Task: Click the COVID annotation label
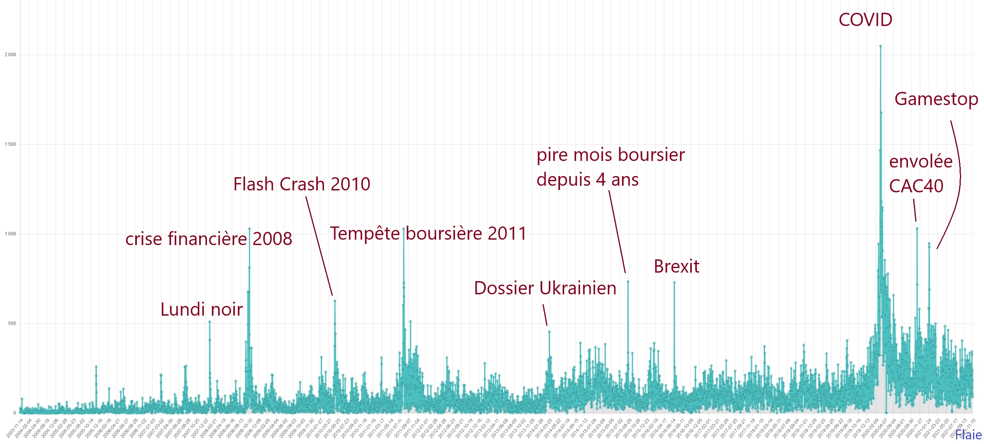(x=865, y=20)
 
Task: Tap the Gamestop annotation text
(x=936, y=99)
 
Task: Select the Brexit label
(x=676, y=266)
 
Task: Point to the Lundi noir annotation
(x=202, y=309)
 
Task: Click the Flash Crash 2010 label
(x=302, y=184)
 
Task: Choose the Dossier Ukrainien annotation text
(x=545, y=288)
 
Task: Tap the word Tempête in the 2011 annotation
(x=364, y=233)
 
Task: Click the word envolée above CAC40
(x=920, y=161)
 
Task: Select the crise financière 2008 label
(x=209, y=239)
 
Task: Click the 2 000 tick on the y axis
(x=10, y=55)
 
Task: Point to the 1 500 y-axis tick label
(x=10, y=144)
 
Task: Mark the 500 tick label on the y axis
(x=12, y=323)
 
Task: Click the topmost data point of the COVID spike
(x=881, y=46)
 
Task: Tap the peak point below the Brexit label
(x=674, y=283)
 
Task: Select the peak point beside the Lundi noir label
(x=210, y=322)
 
